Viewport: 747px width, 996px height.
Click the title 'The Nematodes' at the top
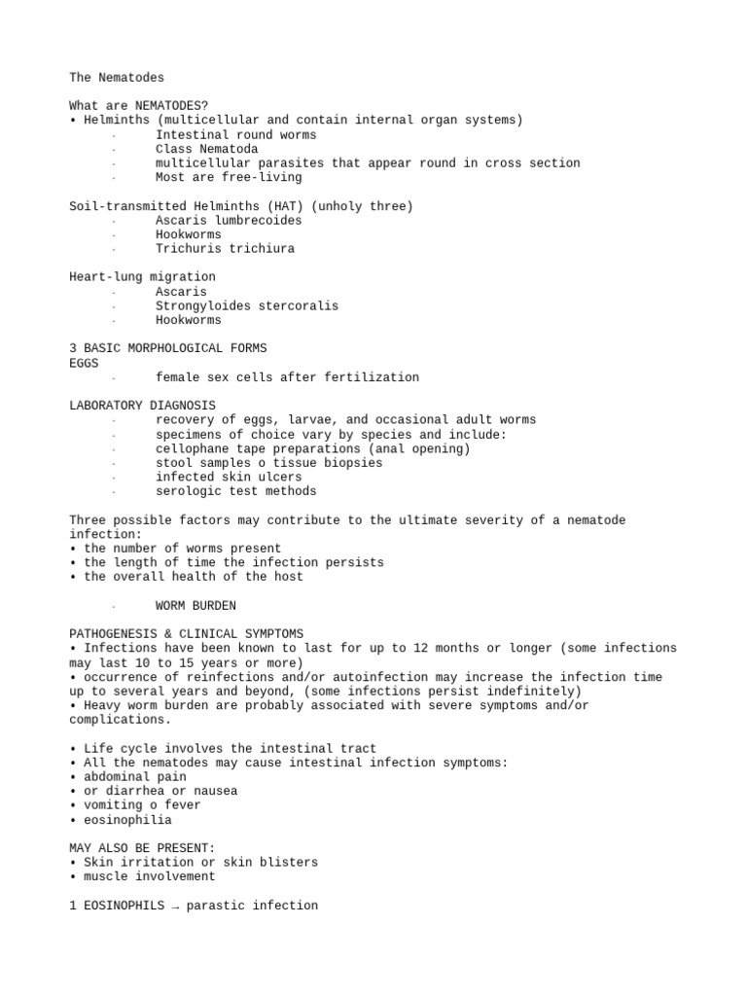tap(117, 77)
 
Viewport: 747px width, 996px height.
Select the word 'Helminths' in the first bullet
tap(117, 121)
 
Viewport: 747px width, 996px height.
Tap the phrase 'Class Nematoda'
tap(207, 149)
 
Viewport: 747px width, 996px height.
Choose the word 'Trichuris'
tap(188, 249)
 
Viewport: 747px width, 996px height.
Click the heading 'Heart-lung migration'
tap(142, 277)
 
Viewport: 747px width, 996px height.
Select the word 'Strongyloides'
tap(203, 305)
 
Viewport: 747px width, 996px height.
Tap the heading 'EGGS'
tap(84, 363)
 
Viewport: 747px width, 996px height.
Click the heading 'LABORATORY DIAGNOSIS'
tap(142, 406)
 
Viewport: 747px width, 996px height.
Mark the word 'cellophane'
tap(192, 448)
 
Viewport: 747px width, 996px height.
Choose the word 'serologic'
tap(188, 491)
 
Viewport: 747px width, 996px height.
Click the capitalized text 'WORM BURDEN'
tap(196, 606)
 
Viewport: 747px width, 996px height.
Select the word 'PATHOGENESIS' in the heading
tap(113, 634)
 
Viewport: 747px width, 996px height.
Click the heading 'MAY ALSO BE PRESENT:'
tap(142, 848)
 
